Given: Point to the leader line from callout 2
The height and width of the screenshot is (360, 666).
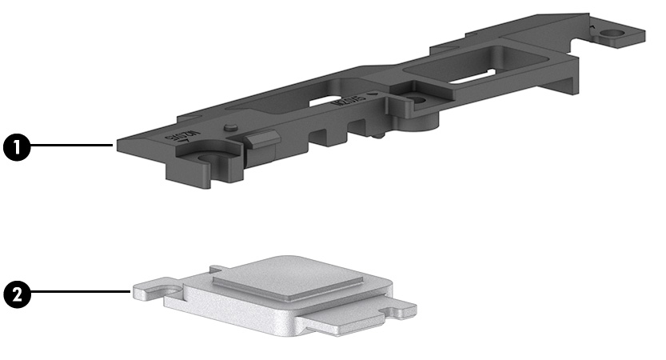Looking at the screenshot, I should pos(80,293).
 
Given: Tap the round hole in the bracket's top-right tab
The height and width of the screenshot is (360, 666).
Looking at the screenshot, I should pos(612,34).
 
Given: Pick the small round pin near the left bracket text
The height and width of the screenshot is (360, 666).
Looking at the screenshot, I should pos(230,127).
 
